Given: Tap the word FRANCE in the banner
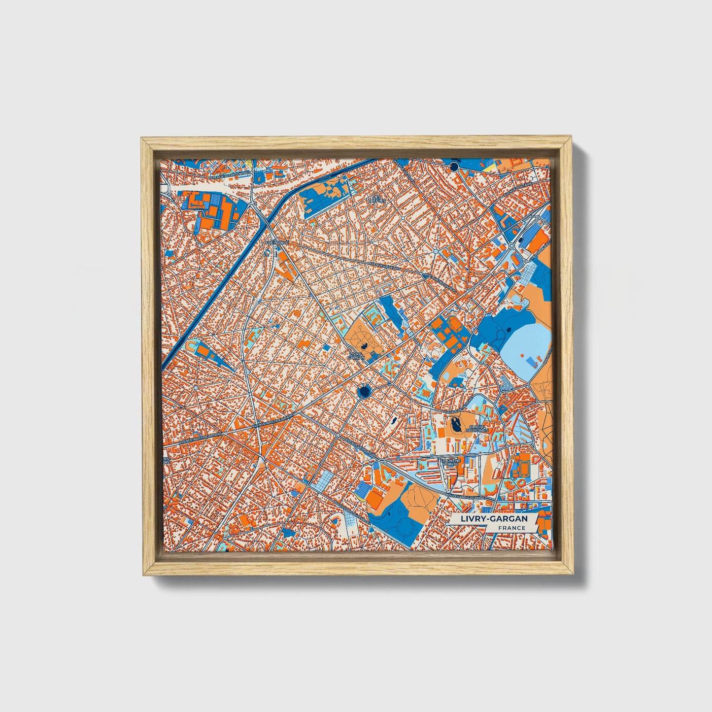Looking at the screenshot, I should [511, 528].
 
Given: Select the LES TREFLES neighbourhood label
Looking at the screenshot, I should [378, 199].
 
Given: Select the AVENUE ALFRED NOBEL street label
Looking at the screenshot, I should [230, 174].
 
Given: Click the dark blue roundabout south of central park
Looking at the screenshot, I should [364, 392].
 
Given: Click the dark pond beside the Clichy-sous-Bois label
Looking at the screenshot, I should [454, 423].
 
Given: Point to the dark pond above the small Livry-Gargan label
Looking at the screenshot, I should [364, 347].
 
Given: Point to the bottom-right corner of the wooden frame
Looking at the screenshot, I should [574, 574].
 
